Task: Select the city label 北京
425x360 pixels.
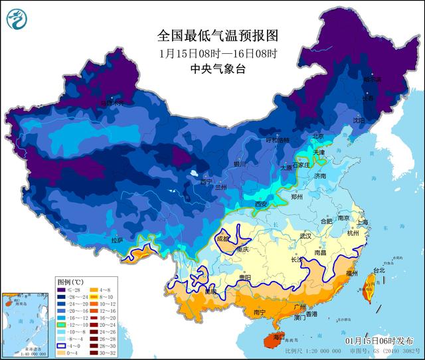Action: [319, 136]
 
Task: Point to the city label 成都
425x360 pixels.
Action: [222, 238]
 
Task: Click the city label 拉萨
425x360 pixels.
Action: [117, 240]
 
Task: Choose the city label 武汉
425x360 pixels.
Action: [305, 236]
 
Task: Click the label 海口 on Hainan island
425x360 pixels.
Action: [269, 338]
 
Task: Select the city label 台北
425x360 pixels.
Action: [379, 270]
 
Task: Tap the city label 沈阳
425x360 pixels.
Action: [378, 121]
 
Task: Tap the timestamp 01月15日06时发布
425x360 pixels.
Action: [384, 339]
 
